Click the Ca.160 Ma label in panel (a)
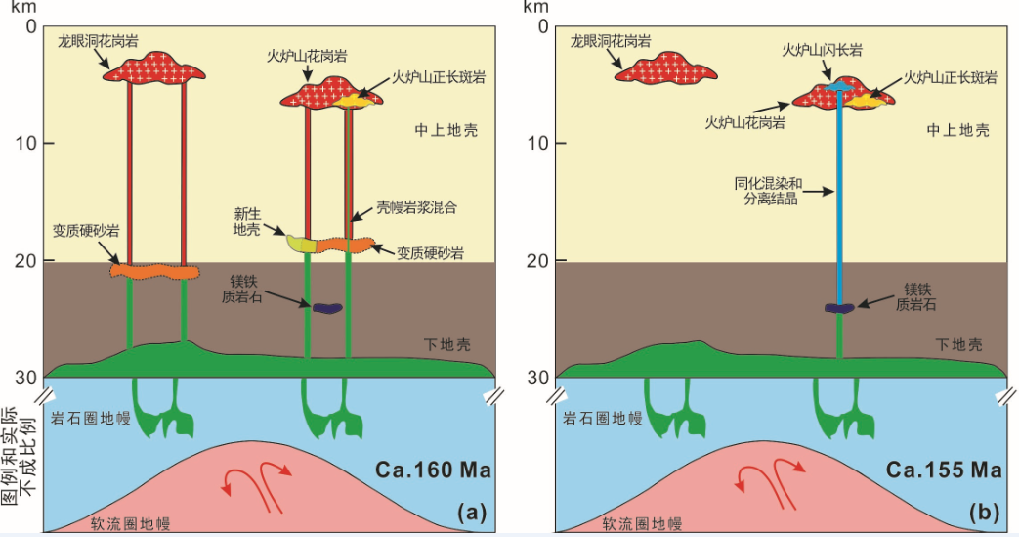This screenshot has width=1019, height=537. pos(432,470)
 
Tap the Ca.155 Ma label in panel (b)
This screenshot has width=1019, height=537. pos(944,470)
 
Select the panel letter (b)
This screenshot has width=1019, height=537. pos(984,512)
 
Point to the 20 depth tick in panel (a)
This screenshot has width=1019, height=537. pos(25,261)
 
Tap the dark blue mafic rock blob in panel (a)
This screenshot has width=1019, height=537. pos(325,307)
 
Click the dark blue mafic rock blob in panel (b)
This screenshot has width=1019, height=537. pos(839,308)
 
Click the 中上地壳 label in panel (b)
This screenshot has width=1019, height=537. pos(957,129)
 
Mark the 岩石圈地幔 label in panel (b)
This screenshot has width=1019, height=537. pos(603,418)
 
